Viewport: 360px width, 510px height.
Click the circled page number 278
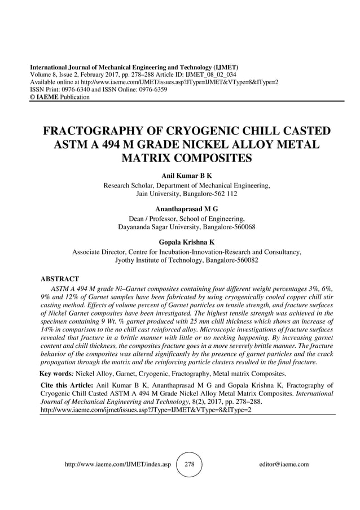click(189, 464)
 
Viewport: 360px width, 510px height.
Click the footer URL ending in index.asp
click(118, 464)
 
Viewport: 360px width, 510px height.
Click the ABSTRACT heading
click(60, 278)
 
